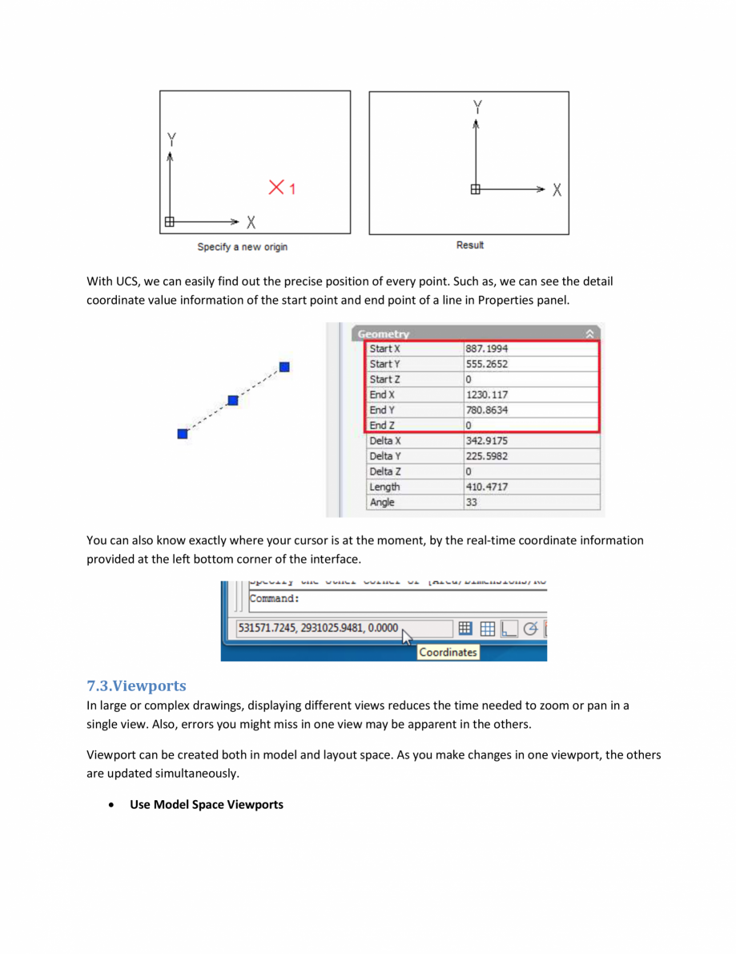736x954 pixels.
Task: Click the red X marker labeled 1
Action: click(x=277, y=188)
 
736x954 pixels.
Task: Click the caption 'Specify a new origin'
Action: click(x=242, y=247)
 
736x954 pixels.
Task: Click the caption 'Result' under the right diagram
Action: click(x=469, y=245)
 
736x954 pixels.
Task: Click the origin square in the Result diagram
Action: click(x=476, y=189)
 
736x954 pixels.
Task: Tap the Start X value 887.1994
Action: click(x=487, y=349)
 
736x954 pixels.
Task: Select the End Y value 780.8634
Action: click(x=487, y=410)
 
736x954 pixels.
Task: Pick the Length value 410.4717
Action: click(x=487, y=487)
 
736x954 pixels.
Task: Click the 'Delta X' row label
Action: click(x=385, y=441)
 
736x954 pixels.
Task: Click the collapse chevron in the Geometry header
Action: click(x=590, y=333)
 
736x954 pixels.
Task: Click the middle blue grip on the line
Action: click(x=232, y=400)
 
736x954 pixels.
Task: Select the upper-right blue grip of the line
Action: click(x=284, y=367)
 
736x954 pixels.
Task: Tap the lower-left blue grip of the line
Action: click(x=183, y=434)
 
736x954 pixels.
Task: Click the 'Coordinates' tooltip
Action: click(x=448, y=653)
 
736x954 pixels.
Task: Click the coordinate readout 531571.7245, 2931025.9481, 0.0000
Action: click(x=317, y=629)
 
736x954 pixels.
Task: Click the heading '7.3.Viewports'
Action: click(x=136, y=686)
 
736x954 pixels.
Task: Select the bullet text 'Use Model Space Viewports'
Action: click(x=207, y=804)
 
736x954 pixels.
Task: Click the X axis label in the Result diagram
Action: click(x=557, y=190)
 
